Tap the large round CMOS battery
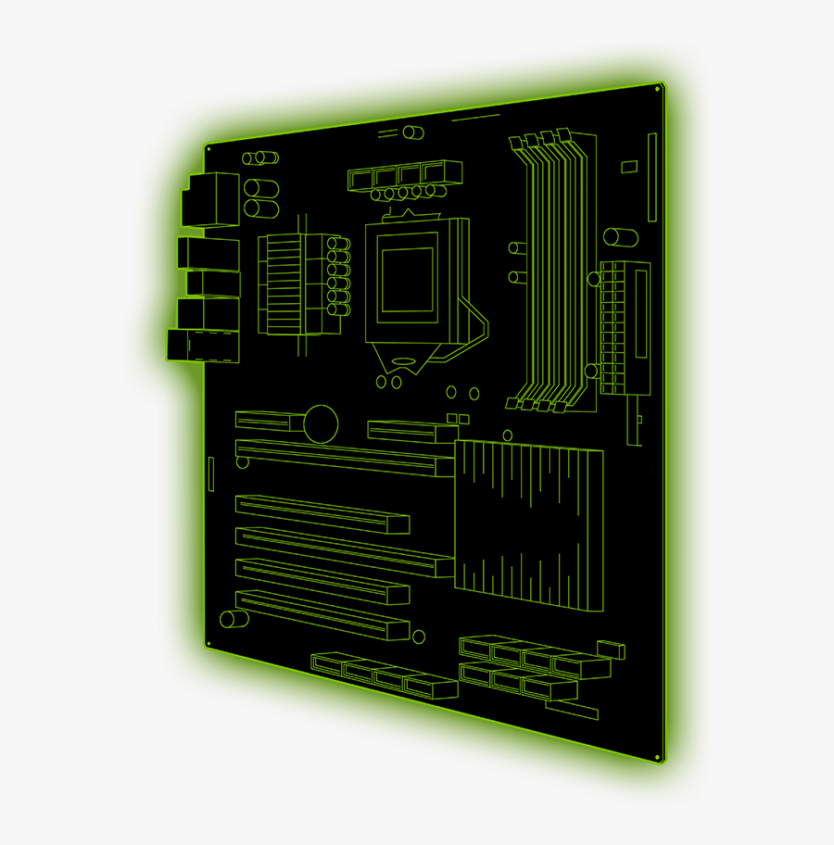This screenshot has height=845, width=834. [x=322, y=422]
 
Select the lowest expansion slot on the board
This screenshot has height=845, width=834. [x=322, y=614]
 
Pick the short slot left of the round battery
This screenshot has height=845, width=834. [x=269, y=421]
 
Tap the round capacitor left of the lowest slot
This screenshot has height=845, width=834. [x=228, y=619]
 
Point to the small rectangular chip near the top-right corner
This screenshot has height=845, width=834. [x=629, y=167]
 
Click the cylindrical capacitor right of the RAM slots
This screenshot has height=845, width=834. [x=619, y=237]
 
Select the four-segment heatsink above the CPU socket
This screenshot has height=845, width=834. [x=405, y=175]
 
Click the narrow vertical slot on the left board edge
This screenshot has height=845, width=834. [x=211, y=473]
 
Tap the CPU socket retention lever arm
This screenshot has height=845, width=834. [x=478, y=324]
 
